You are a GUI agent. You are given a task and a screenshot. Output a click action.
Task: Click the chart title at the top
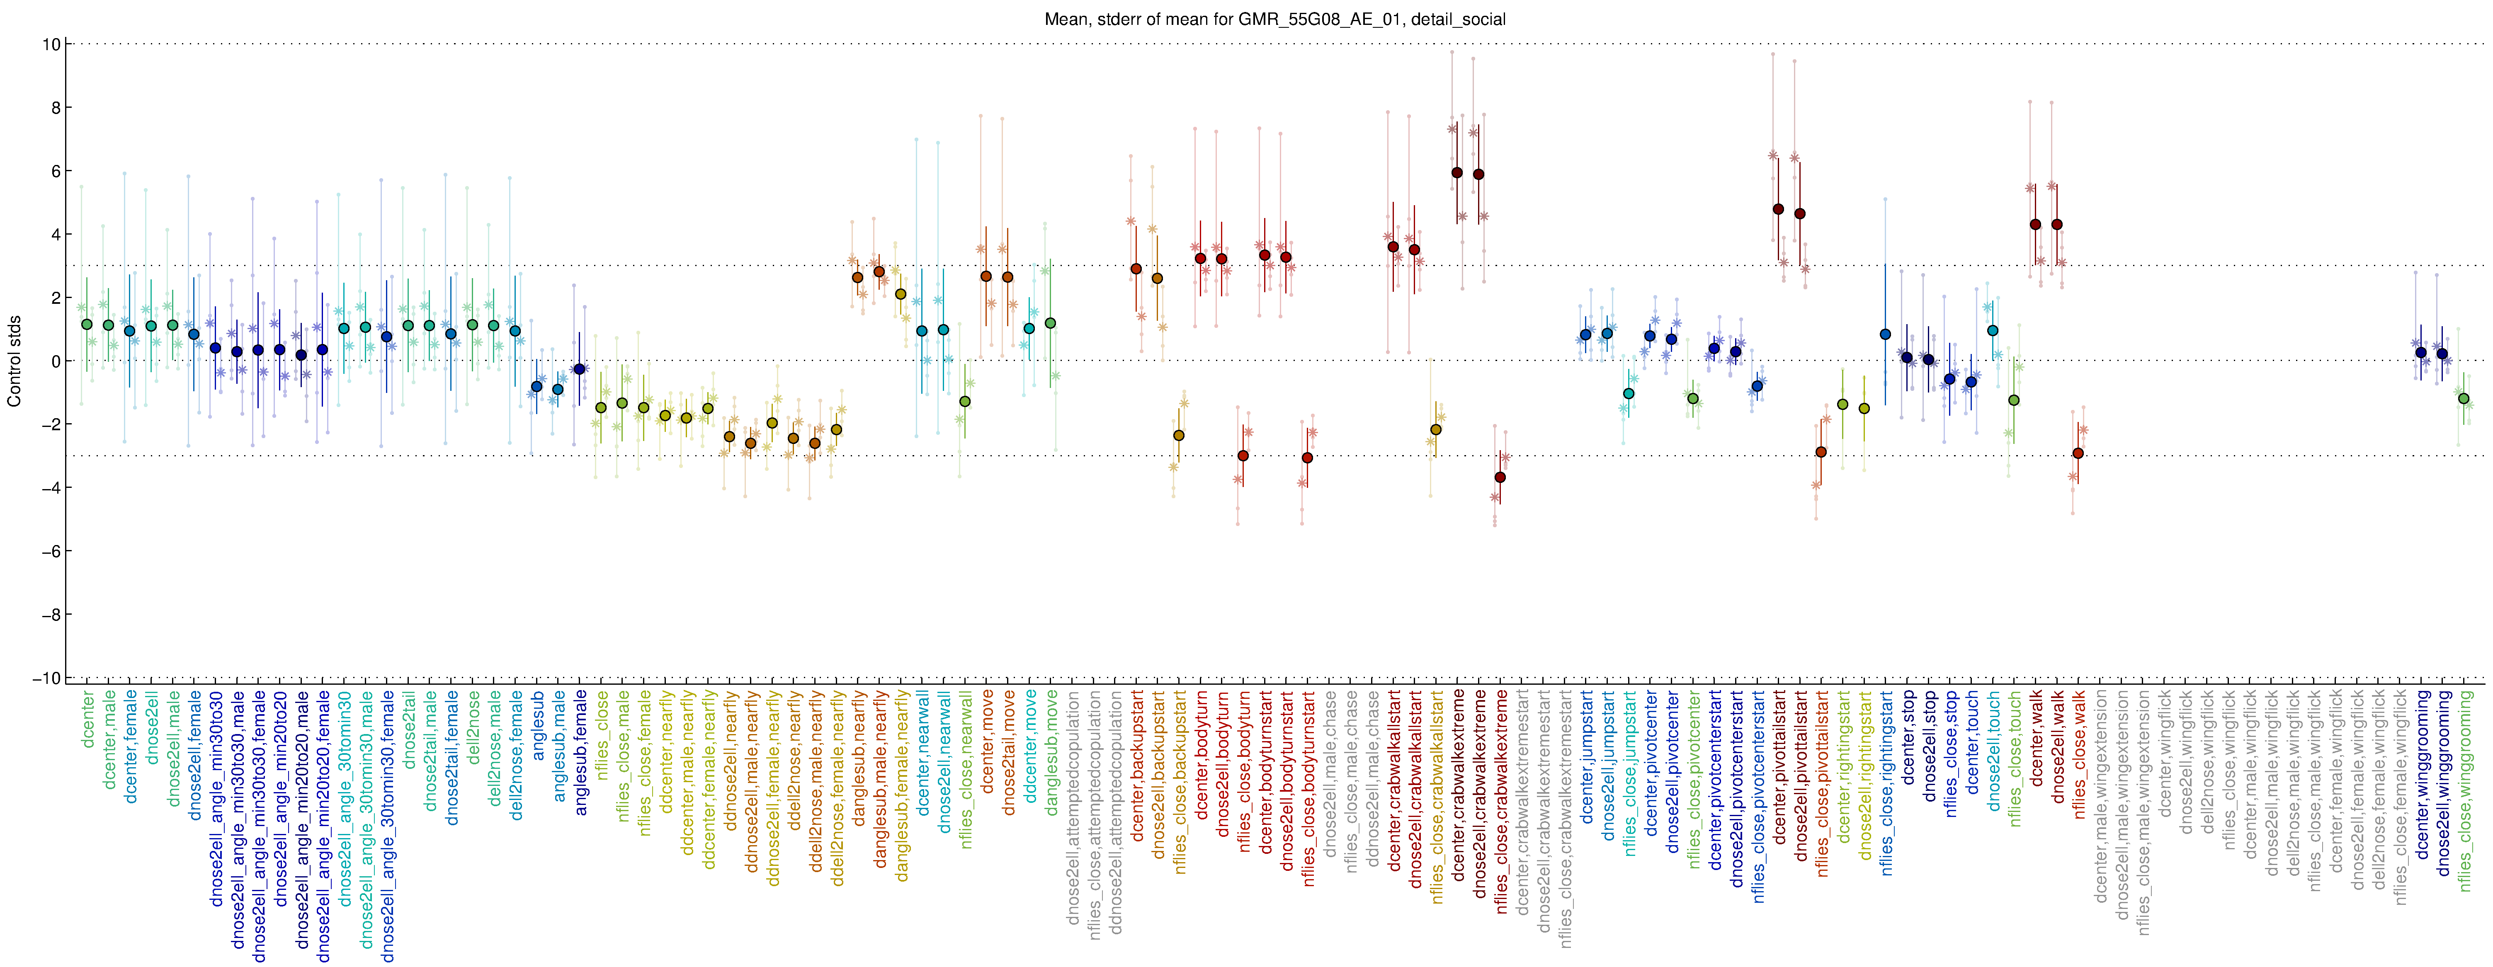point(1274,19)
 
